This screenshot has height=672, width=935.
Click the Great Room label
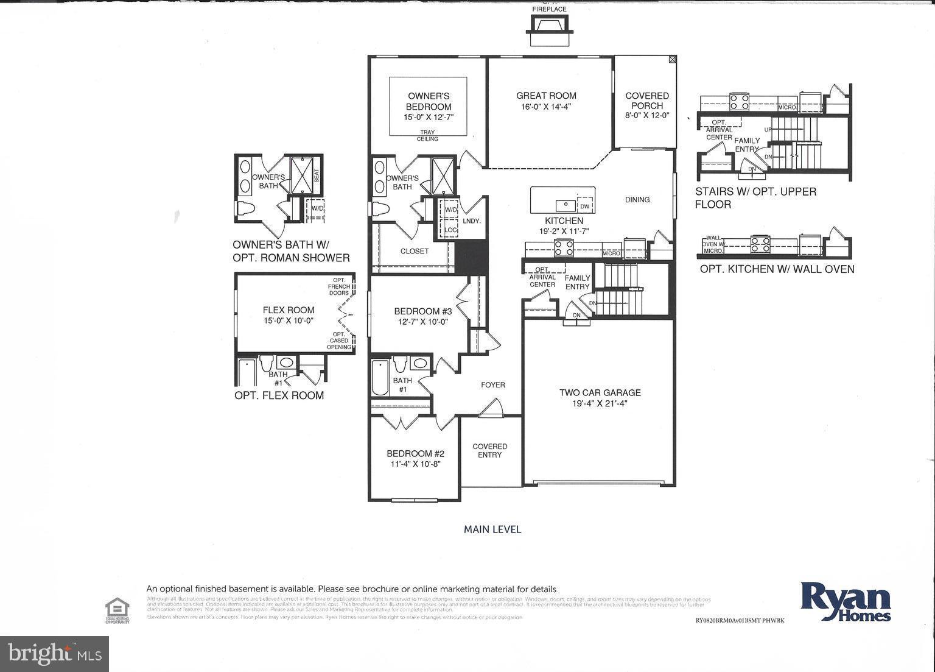click(x=546, y=96)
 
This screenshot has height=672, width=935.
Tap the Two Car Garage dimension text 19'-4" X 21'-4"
click(x=600, y=403)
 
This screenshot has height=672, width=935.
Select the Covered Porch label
click(x=647, y=100)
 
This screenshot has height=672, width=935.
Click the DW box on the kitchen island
click(x=585, y=206)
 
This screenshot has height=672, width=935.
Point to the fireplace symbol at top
click(x=550, y=30)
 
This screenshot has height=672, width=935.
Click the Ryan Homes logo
click(x=846, y=601)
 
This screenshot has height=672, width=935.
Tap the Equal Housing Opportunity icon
click(x=117, y=610)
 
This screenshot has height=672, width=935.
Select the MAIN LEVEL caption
click(x=492, y=529)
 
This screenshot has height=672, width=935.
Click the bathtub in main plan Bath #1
click(x=380, y=377)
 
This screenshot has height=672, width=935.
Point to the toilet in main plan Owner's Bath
click(x=380, y=209)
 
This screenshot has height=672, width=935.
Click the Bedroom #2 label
click(x=416, y=454)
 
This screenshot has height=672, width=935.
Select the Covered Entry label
click(x=490, y=450)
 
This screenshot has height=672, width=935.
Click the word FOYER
click(x=493, y=385)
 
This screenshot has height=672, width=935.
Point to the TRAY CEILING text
click(x=427, y=135)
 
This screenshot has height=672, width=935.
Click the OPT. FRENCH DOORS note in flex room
click(x=338, y=286)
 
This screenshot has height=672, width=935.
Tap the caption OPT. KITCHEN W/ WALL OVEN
click(x=777, y=269)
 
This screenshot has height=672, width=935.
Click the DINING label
click(x=637, y=200)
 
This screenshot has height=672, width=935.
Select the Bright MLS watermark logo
click(x=55, y=654)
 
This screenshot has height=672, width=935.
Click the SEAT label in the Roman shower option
click(x=316, y=175)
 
